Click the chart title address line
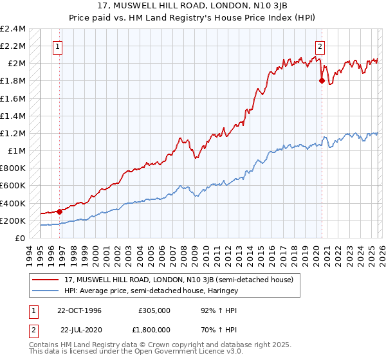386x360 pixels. tap(192, 6)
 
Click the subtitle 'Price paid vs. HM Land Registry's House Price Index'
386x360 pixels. tap(192, 17)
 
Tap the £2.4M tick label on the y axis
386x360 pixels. tap(13, 29)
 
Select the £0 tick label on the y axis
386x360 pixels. tap(21, 238)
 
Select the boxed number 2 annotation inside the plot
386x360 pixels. tap(320, 46)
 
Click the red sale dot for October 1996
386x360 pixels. tap(60, 211)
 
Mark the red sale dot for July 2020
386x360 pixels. tap(322, 80)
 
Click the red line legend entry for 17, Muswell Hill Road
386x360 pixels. tap(180, 280)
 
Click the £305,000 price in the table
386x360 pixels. tap(154, 310)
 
